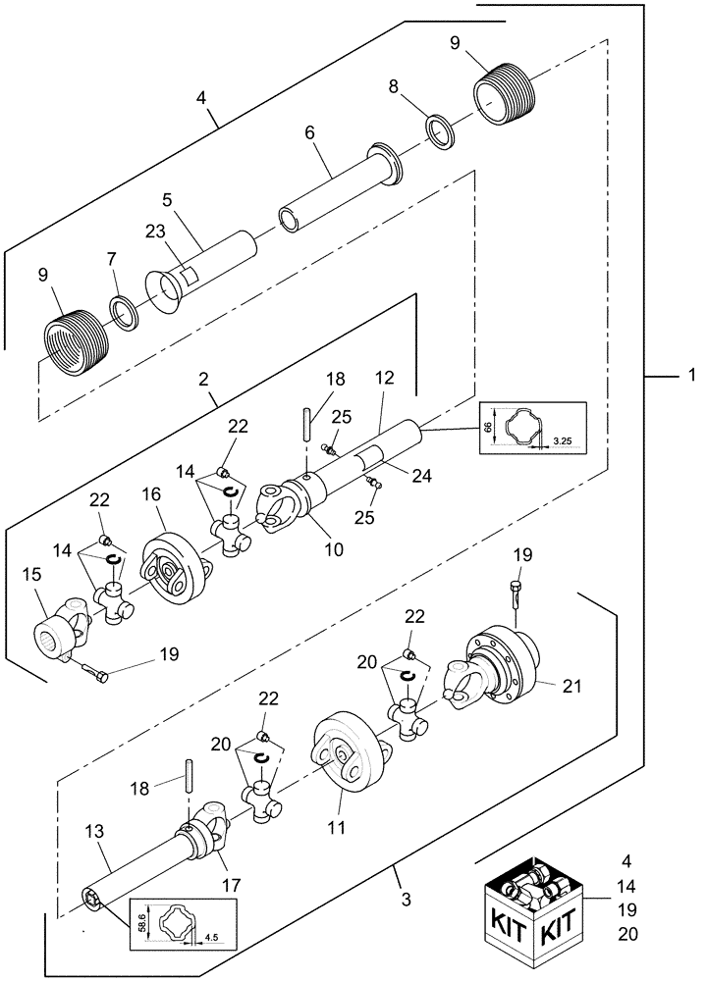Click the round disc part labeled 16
pos(174,567)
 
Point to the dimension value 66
pos(486,428)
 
